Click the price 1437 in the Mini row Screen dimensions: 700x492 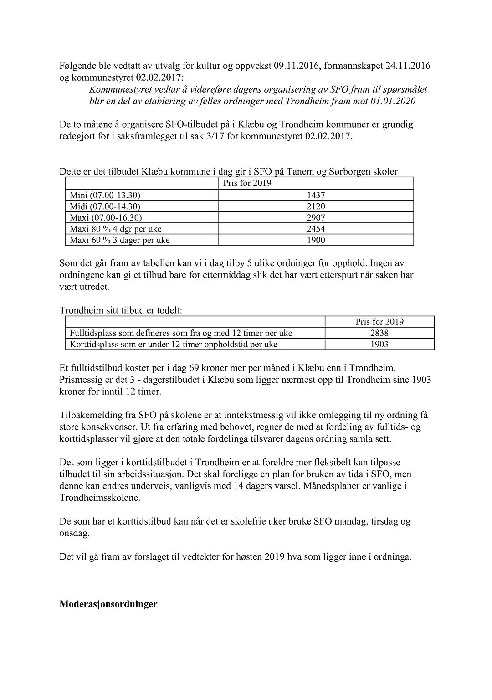[x=316, y=195]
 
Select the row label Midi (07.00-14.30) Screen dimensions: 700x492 [x=105, y=206]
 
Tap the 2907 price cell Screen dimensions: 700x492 [x=316, y=218]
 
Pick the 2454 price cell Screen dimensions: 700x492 [x=316, y=229]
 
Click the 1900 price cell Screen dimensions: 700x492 [x=316, y=240]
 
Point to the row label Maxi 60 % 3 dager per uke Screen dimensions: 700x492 [x=119, y=240]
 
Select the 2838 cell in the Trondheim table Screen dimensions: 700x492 [x=379, y=333]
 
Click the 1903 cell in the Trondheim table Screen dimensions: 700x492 [x=379, y=345]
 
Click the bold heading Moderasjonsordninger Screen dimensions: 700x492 [x=108, y=604]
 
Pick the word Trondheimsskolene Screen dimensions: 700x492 [x=100, y=498]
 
